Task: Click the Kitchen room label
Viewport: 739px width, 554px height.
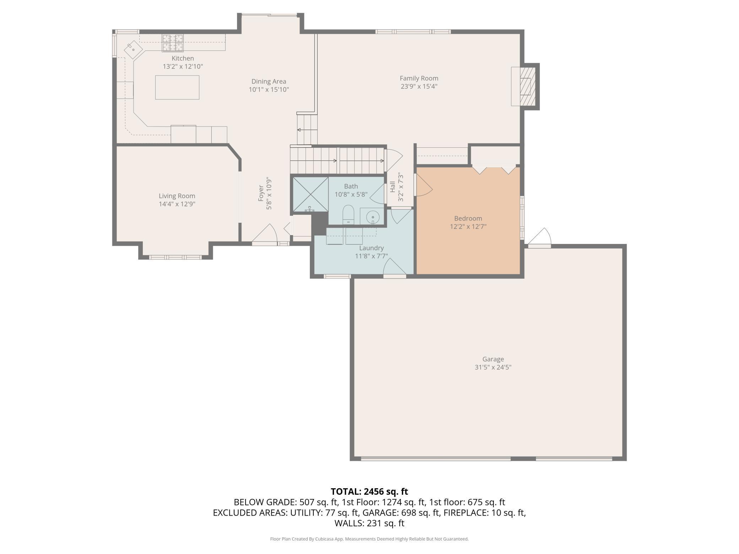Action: tap(183, 58)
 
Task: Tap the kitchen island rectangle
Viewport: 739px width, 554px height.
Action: tap(177, 87)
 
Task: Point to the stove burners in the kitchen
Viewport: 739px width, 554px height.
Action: tap(173, 43)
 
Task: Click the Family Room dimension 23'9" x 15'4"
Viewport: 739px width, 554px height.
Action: tap(419, 86)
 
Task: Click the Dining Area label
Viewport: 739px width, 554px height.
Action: tap(269, 81)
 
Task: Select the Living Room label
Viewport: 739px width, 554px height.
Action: tap(177, 196)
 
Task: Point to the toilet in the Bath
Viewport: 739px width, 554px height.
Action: tap(349, 214)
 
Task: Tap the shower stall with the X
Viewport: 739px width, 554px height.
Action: tap(310, 195)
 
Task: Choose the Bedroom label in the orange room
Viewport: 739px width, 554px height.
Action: tap(468, 218)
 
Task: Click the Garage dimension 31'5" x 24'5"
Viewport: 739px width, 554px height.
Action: tap(493, 367)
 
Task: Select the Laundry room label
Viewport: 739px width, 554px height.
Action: tap(371, 248)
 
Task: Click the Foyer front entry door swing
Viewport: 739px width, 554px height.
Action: tap(265, 234)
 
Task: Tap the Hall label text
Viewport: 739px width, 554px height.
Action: tap(393, 187)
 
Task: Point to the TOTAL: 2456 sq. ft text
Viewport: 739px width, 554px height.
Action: tap(369, 491)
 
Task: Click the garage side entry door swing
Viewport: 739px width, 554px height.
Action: tap(539, 237)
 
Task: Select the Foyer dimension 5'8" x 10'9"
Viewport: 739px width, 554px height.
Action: tap(269, 193)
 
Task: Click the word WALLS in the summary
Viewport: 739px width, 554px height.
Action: tap(347, 523)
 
